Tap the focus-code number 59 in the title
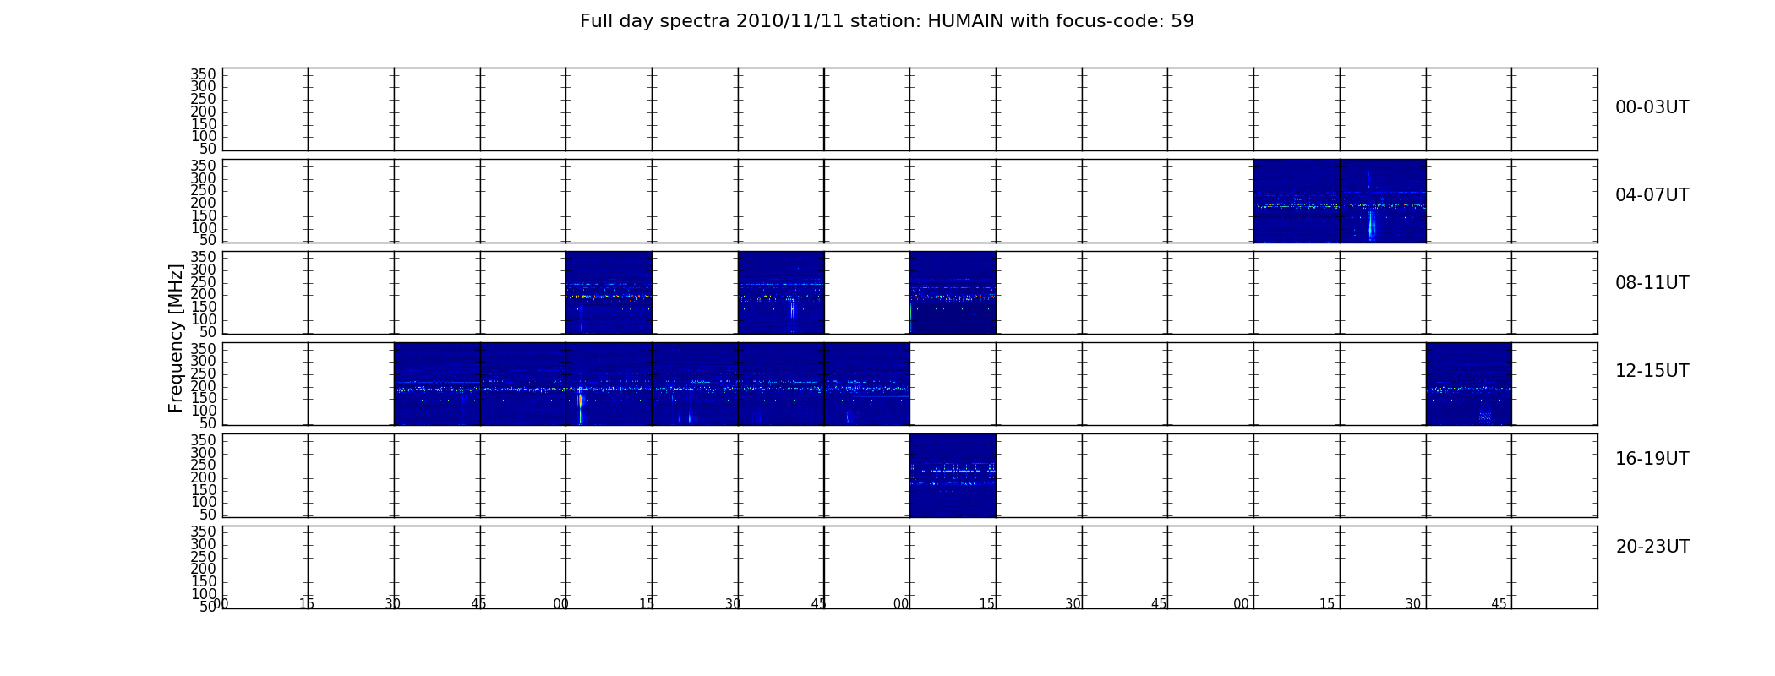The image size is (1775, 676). coord(1182,21)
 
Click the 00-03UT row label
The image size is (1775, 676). coord(1652,107)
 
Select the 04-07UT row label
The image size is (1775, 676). coord(1652,195)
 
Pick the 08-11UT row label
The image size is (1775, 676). coord(1652,283)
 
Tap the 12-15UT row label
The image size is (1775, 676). coord(1652,371)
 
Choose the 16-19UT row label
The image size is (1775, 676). coord(1652,459)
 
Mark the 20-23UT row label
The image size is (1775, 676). coord(1652,547)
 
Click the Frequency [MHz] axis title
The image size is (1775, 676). coord(176,338)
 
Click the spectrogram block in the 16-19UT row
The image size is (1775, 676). coord(953,475)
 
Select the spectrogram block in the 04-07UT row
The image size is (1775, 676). coord(1340,201)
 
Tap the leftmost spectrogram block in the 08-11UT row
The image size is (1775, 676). coord(609,292)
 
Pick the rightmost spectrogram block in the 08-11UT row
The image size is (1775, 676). coord(953,292)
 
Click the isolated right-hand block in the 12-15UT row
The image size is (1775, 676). coord(1468,384)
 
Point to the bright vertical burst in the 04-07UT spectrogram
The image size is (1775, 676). coord(1370,226)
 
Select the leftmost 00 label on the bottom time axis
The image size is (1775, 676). coord(221,603)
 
